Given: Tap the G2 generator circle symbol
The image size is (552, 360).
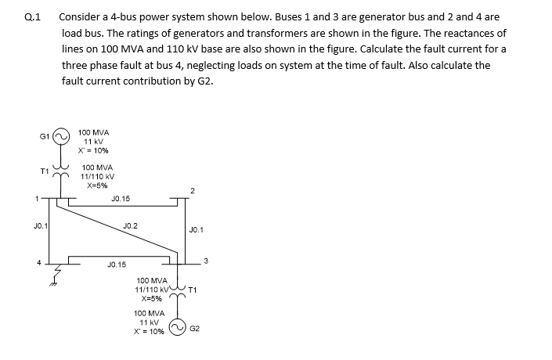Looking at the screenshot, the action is pos(179,329).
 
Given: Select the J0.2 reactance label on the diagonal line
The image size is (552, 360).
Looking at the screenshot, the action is pos(131,225).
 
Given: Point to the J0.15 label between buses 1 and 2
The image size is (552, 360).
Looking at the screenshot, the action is pos(121,200).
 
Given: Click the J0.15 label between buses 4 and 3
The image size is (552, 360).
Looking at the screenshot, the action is pos(116,266).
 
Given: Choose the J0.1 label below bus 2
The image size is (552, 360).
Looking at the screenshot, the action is pos(196,230).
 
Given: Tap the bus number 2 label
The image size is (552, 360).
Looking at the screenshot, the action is pos(193,190).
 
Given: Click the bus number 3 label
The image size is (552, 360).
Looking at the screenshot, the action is pos(205,261).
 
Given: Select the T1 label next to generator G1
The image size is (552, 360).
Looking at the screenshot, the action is pos(46,171).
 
